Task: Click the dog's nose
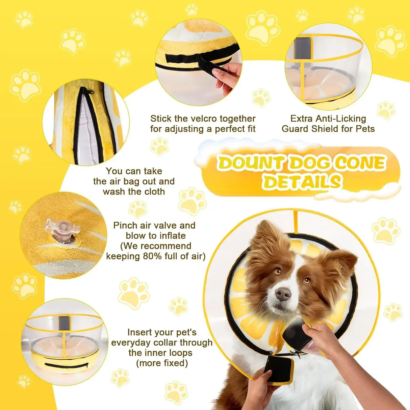[x=283, y=294]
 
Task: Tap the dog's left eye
[x=307, y=280]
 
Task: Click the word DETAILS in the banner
[x=302, y=182]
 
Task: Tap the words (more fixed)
[x=162, y=363]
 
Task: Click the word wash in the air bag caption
[x=114, y=191]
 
